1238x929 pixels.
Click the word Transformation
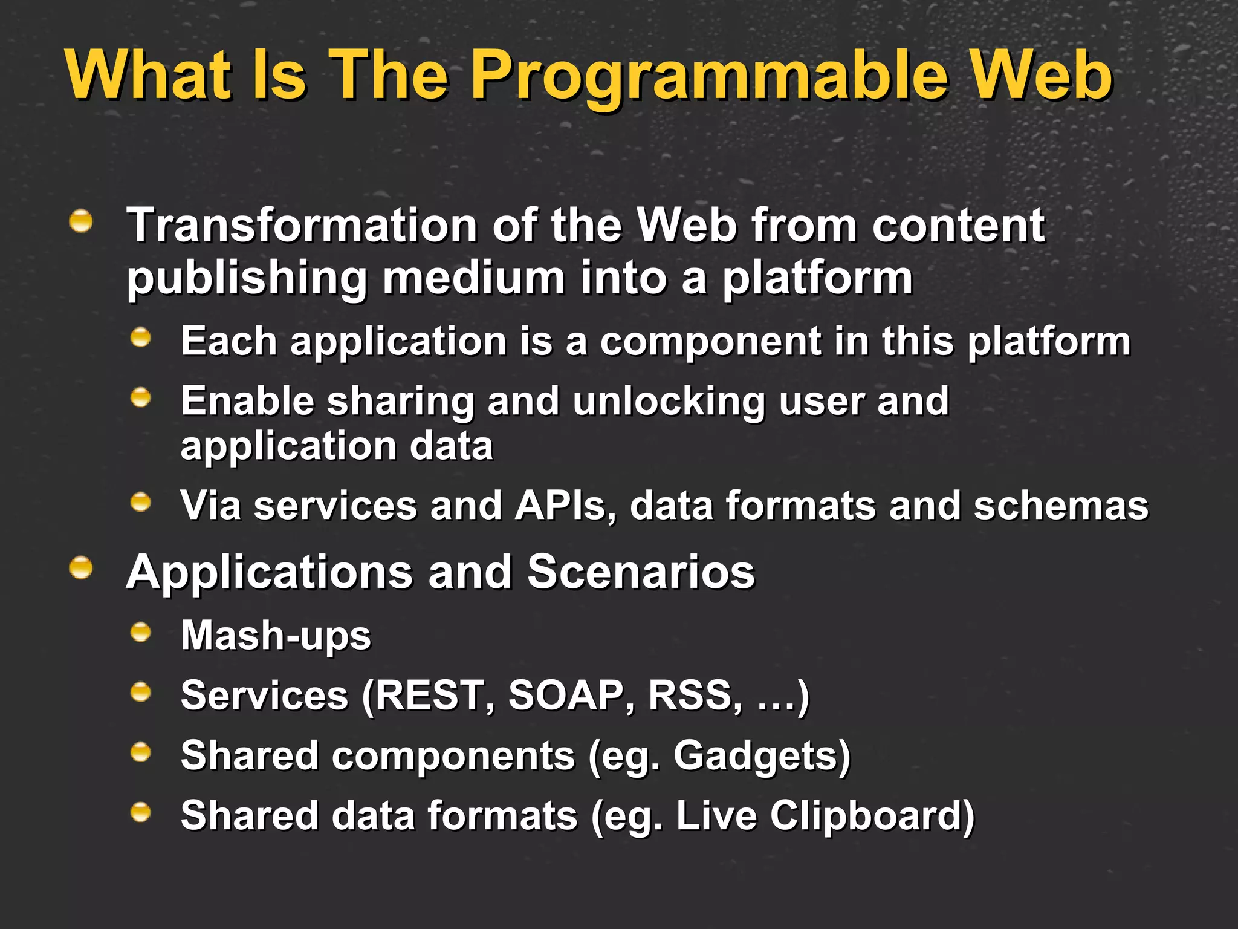pos(302,225)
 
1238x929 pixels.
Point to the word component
pos(710,342)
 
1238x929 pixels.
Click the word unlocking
pos(669,402)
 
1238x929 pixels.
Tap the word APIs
pos(565,506)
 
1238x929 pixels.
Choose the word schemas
pos(1060,506)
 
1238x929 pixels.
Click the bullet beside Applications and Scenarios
pos(81,569)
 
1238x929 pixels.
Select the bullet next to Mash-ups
pos(141,633)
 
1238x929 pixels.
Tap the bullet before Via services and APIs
pos(141,502)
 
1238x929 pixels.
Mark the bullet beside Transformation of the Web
pos(81,221)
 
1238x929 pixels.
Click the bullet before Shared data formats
pos(141,812)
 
